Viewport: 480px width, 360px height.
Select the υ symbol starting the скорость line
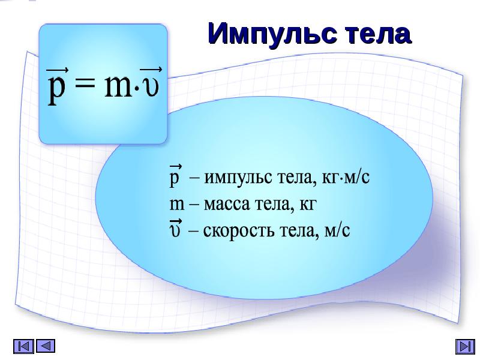click(x=176, y=230)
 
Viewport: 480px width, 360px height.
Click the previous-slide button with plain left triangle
click(x=46, y=346)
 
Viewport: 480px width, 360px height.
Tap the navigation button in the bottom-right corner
click(x=465, y=346)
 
